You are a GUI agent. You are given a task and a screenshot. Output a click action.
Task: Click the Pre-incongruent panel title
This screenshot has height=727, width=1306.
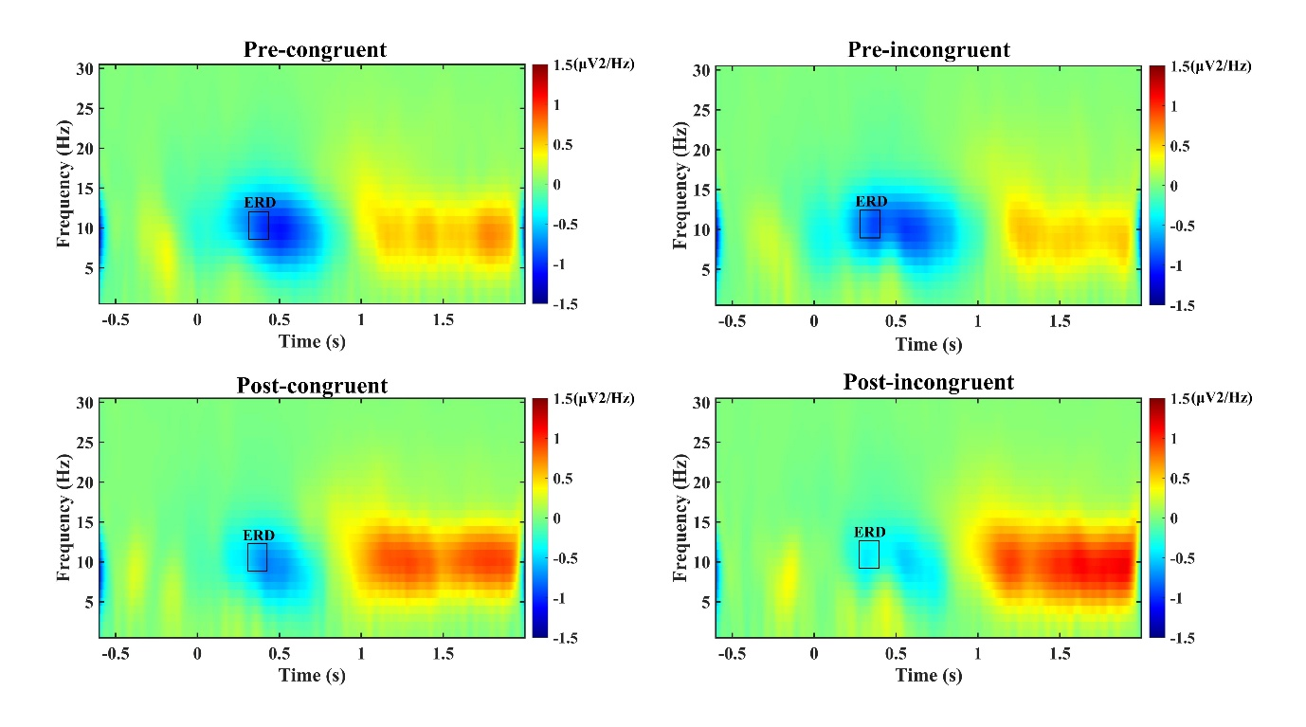click(929, 49)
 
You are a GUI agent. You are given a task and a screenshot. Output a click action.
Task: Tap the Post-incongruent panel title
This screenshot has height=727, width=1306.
click(929, 383)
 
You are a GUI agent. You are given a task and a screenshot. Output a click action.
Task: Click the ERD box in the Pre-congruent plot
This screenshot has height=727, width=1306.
click(259, 226)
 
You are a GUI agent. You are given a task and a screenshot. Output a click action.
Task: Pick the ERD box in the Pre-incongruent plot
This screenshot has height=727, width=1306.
click(870, 224)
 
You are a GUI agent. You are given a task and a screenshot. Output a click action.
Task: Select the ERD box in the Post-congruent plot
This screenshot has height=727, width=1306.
click(257, 557)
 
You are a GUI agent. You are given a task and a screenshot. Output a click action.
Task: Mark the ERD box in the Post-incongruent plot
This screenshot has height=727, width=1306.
click(869, 554)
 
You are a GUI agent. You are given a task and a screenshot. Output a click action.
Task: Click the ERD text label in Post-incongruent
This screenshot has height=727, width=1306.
click(869, 533)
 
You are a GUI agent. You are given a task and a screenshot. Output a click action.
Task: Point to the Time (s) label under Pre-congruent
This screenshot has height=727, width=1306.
click(312, 342)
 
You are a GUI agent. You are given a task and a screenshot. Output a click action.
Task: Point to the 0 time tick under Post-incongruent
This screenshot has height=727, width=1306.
click(814, 654)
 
